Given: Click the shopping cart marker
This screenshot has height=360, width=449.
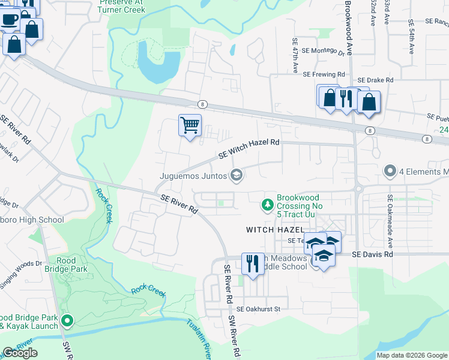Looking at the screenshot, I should (190, 126).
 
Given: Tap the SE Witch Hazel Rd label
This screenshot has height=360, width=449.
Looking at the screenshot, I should (249, 148).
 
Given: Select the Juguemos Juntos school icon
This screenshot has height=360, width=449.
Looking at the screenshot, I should (237, 175).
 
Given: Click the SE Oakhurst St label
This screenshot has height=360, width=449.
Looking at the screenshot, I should (258, 309).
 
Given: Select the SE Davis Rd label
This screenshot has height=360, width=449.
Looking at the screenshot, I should (372, 254).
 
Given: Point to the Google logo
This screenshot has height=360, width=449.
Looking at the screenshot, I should (20, 353).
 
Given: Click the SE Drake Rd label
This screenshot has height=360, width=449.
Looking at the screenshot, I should (375, 80).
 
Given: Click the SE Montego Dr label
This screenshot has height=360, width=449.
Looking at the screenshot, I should (324, 52).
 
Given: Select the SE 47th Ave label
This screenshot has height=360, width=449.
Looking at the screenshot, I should (295, 54).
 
